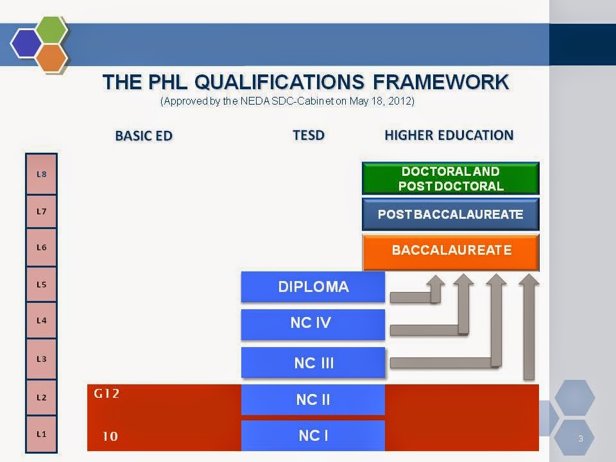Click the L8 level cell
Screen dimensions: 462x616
point(41,173)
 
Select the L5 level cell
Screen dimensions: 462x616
point(41,284)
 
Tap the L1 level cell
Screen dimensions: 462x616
point(41,434)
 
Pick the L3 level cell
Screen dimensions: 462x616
point(41,359)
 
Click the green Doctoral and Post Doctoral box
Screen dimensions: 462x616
point(450,179)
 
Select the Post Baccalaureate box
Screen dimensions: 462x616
point(450,214)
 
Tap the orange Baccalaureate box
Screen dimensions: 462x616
point(450,252)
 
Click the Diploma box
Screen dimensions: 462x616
point(313,287)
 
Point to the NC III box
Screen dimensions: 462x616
point(313,363)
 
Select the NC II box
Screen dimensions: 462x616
point(313,400)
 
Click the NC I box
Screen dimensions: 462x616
point(313,436)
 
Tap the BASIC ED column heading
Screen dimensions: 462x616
point(144,136)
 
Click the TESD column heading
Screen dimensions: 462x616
point(309,135)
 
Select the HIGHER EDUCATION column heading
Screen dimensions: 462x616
point(449,135)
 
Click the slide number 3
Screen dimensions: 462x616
point(580,439)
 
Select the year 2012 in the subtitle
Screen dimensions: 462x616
point(401,101)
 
